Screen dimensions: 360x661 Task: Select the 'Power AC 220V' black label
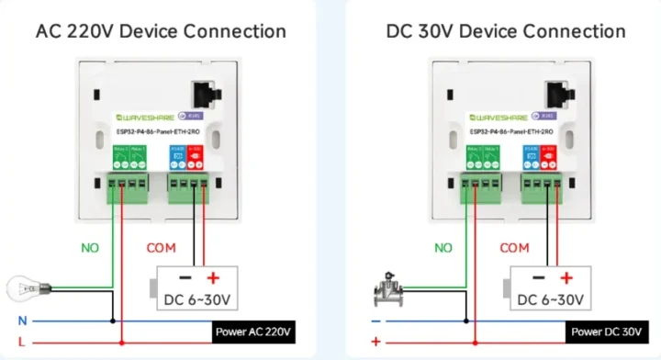pyautogui.click(x=253, y=332)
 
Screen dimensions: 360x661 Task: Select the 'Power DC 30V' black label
pyautogui.click(x=605, y=332)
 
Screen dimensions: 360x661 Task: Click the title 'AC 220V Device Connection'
pyautogui.click(x=161, y=30)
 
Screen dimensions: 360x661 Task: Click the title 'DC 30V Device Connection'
pyautogui.click(x=506, y=30)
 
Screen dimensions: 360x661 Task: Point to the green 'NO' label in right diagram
pyautogui.click(x=443, y=248)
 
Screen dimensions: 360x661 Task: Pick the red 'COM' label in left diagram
pyautogui.click(x=162, y=248)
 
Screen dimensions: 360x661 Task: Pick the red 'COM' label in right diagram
pyautogui.click(x=514, y=248)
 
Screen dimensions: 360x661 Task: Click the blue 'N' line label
pyautogui.click(x=21, y=321)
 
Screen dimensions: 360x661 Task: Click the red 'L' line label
pyautogui.click(x=21, y=343)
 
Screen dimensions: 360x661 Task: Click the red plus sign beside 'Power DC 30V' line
pyautogui.click(x=375, y=343)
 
